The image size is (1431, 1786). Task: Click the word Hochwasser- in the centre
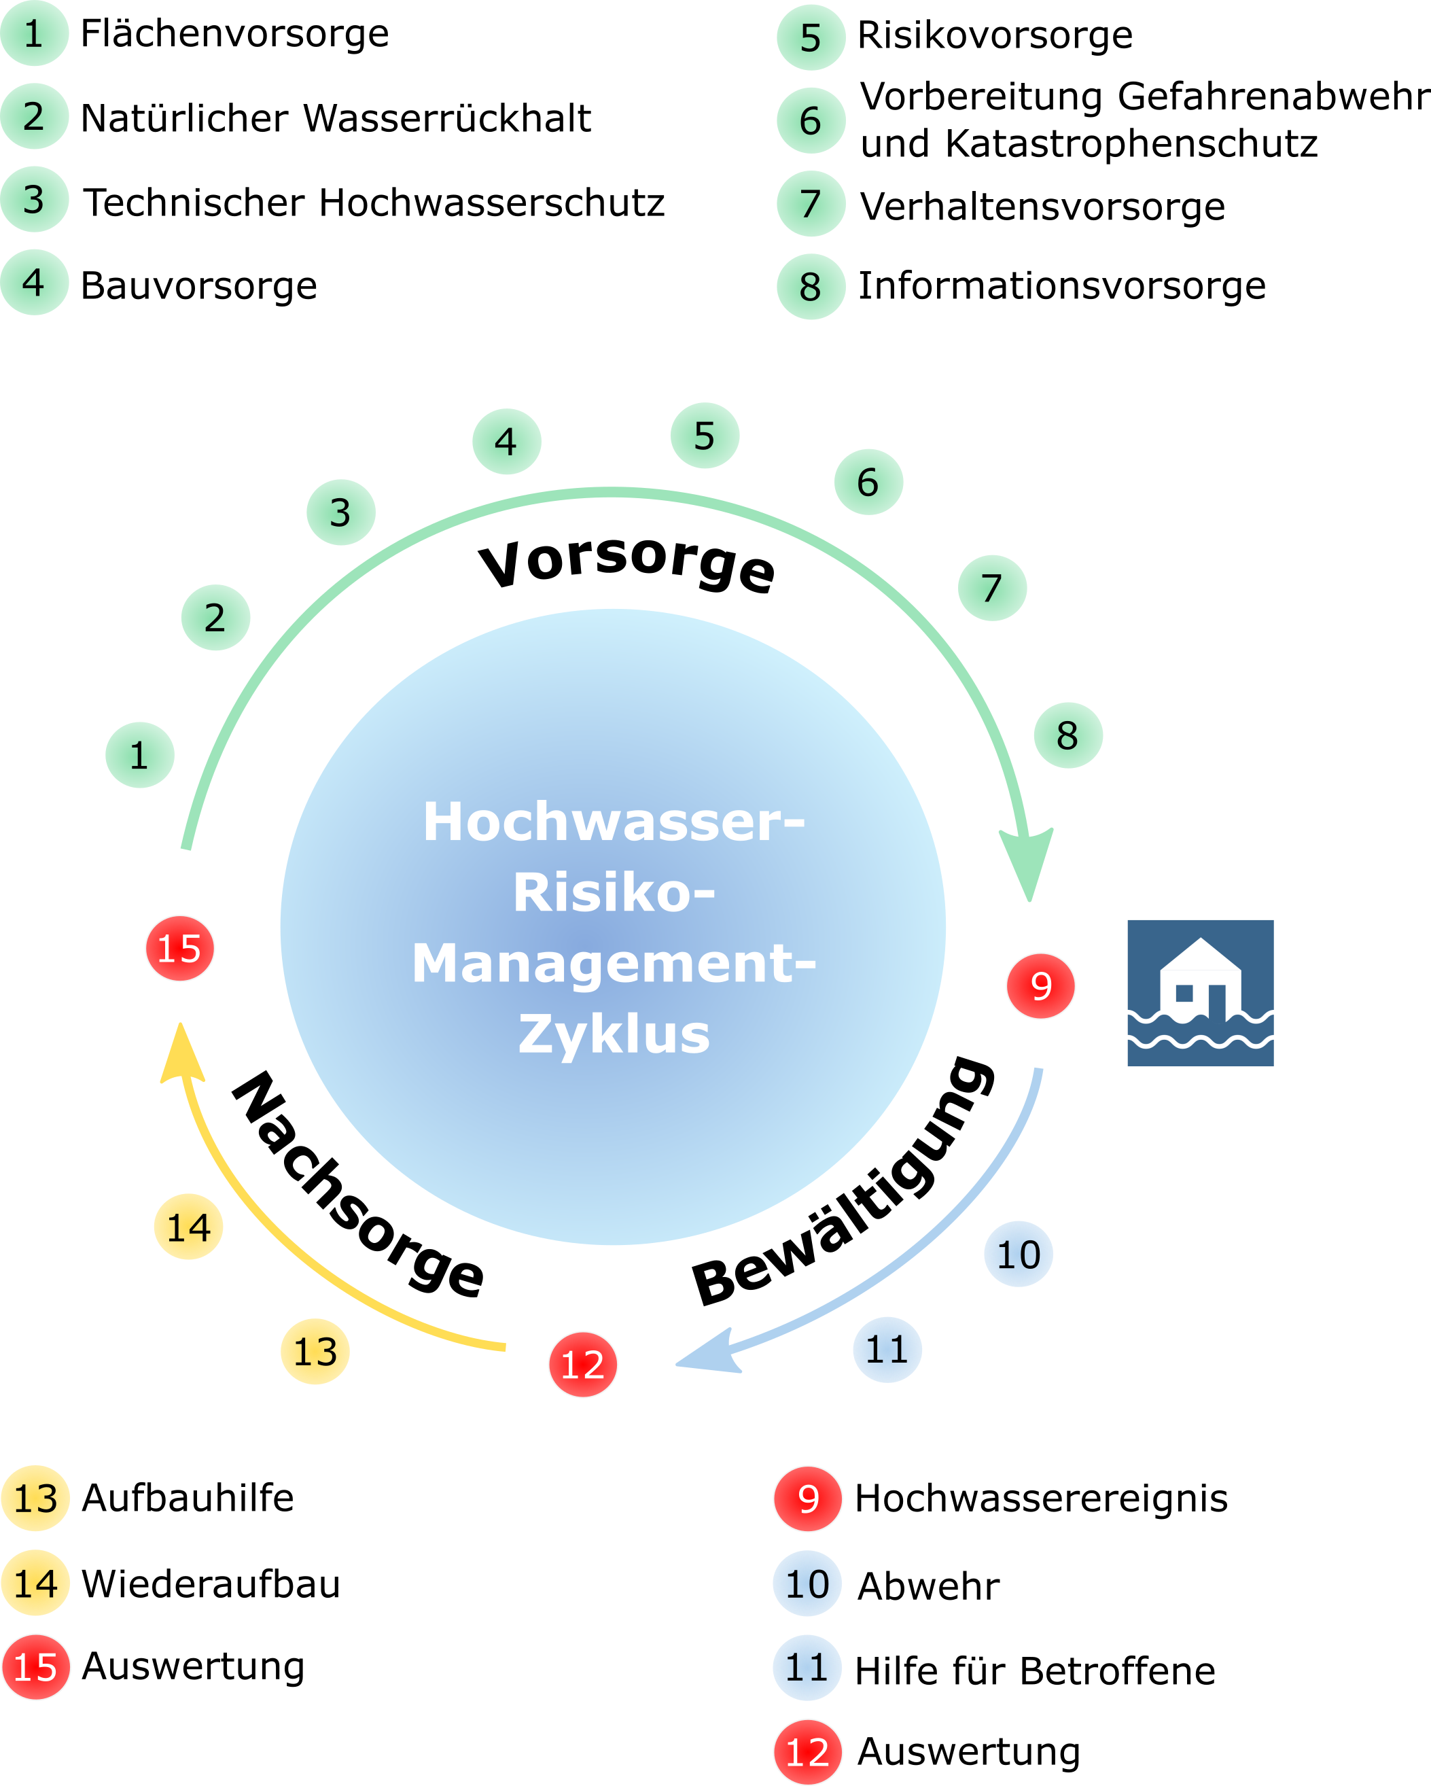pos(614,822)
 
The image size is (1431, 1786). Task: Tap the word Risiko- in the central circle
pos(614,893)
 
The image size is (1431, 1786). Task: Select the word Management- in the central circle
pos(614,964)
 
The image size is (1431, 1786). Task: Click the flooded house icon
pos(1200,992)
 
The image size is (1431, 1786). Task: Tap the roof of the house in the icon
pos(1200,954)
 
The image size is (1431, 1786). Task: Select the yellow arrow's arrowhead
pos(181,1053)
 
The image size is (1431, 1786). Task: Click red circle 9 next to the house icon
pos(1041,986)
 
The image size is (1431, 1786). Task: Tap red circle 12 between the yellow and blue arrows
pos(583,1365)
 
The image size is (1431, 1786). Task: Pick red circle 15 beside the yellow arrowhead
pos(179,949)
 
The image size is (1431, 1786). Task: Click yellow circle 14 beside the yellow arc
pos(189,1227)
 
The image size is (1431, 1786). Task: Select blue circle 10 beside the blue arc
pos(1019,1254)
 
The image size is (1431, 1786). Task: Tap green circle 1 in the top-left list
pos(34,33)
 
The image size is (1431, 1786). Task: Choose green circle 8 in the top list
pos(811,287)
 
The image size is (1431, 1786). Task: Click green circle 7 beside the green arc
pos(992,588)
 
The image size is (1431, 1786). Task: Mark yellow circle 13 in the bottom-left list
pos(35,1498)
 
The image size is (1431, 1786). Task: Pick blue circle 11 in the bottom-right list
pos(807,1668)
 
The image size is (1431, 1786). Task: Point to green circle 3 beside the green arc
pos(340,512)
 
